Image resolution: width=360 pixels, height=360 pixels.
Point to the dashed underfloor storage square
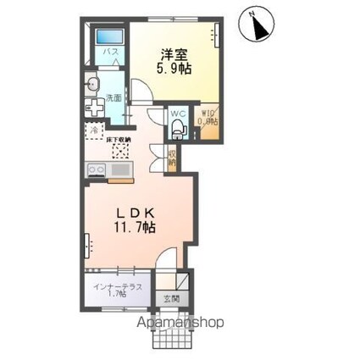(x=119, y=149)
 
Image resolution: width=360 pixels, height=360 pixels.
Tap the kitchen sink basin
(x=120, y=172)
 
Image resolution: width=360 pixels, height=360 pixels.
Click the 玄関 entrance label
(x=172, y=298)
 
